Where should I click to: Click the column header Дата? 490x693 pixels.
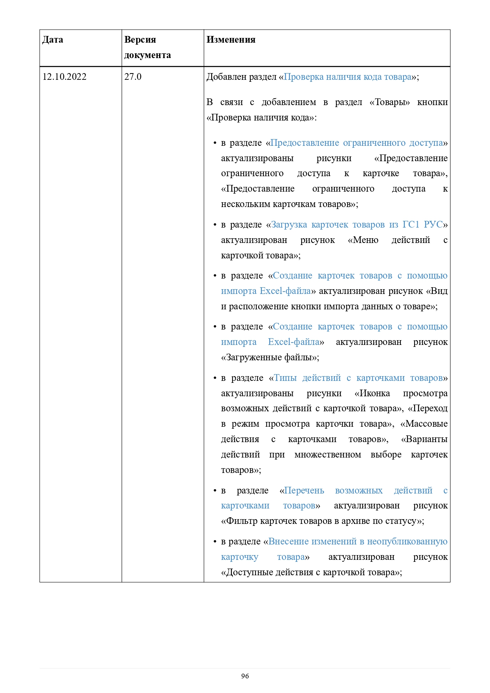(x=53, y=40)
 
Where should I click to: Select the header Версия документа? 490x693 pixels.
(x=147, y=47)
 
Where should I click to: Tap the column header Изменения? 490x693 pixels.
(x=231, y=40)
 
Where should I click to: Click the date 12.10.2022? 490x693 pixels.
(x=64, y=77)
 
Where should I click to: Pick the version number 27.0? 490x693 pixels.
(x=133, y=77)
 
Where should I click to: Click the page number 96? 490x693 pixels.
(x=245, y=676)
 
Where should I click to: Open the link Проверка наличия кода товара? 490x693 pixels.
(x=347, y=77)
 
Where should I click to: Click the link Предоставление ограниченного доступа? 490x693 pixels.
(x=357, y=143)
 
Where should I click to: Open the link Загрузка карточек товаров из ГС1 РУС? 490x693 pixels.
(x=357, y=224)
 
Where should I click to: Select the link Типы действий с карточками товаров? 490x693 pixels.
(x=358, y=378)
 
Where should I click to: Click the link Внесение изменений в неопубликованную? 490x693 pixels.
(x=358, y=541)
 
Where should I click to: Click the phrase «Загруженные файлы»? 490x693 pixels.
(x=270, y=358)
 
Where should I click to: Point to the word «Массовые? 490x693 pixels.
(x=424, y=424)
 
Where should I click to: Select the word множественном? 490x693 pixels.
(x=327, y=454)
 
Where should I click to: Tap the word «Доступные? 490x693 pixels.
(x=246, y=572)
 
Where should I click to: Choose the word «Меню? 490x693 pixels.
(x=363, y=240)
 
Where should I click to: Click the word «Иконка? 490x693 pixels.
(x=372, y=393)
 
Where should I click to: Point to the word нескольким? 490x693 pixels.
(x=246, y=204)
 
